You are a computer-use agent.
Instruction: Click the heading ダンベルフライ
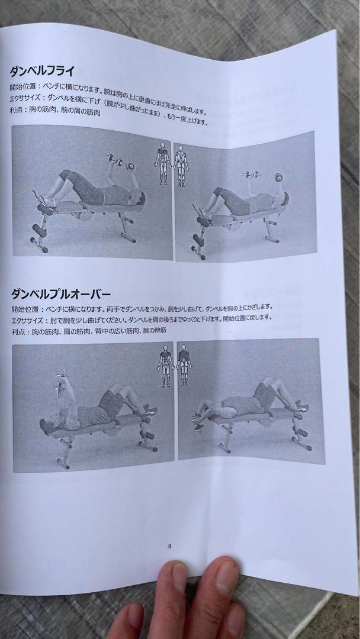coord(41,72)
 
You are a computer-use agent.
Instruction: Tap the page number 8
coord(170,546)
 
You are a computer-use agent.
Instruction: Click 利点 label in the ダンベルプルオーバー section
coord(18,331)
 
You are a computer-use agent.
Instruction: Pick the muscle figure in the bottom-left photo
coord(164,367)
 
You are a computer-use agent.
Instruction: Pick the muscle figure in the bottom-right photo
coord(185,364)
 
